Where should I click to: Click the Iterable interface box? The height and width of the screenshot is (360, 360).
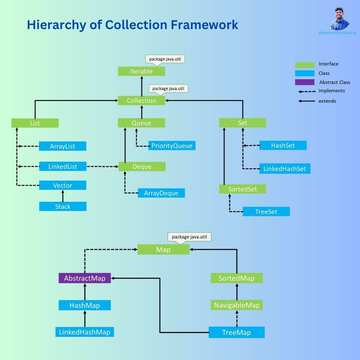141,71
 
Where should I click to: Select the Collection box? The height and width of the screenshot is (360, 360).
141,100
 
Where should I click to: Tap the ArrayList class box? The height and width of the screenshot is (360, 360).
62,146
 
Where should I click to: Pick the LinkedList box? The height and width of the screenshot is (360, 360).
62,166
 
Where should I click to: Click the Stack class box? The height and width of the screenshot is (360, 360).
62,206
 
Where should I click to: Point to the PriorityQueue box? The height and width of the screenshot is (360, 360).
172,146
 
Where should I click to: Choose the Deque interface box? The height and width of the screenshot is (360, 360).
142,166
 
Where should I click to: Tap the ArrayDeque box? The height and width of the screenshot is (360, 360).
161,193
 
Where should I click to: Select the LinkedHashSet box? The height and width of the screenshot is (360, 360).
285,169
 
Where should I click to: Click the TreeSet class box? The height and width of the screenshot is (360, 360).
266,211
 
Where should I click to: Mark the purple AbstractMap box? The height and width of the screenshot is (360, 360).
85,278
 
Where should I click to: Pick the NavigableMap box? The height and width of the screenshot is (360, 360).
237,305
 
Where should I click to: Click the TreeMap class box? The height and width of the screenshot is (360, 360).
237,332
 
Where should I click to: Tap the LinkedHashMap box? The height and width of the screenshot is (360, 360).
85,332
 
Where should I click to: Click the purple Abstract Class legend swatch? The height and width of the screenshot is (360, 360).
304,82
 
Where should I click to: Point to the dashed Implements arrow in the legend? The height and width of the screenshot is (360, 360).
307,91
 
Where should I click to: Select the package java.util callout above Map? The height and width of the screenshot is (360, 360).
189,237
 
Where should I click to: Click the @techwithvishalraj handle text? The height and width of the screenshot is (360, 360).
337,33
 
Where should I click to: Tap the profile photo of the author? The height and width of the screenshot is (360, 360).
340,19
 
